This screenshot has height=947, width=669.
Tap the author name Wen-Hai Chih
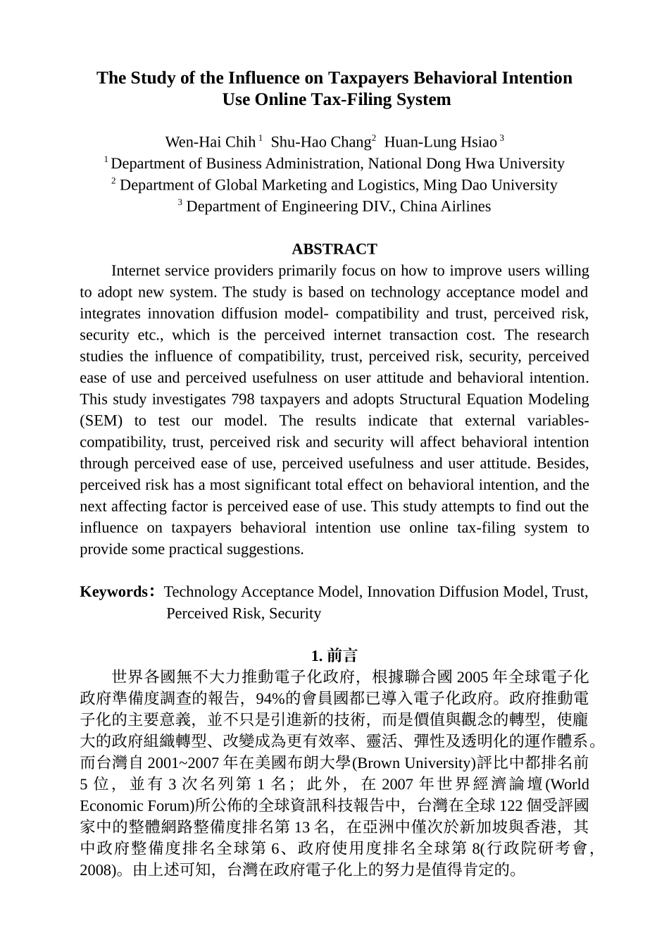(x=210, y=142)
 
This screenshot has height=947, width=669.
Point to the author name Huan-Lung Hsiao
(x=440, y=142)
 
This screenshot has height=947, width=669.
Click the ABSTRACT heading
(x=334, y=249)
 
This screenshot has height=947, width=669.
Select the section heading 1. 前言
(x=334, y=656)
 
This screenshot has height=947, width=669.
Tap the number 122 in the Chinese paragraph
(x=511, y=806)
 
